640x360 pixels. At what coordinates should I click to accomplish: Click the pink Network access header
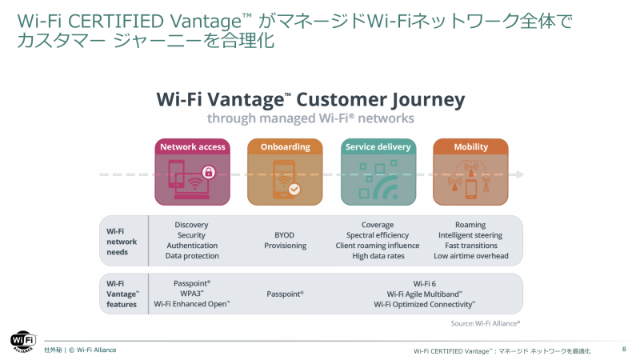pos(192,147)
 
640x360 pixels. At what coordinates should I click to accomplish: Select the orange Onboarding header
pos(284,147)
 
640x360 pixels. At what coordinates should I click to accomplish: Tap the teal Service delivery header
pos(378,147)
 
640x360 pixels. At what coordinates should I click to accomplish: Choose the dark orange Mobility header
pos(470,147)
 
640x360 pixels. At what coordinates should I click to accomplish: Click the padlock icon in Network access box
pos(208,172)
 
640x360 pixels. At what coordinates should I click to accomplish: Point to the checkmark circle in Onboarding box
pos(294,190)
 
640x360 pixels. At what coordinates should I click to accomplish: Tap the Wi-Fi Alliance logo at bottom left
pos(22,341)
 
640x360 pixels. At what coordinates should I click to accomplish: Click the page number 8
pos(624,350)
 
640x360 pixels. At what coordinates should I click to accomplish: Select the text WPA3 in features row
pos(191,294)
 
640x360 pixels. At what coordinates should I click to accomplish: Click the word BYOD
pos(285,235)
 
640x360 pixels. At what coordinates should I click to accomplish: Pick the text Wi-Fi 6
pos(424,283)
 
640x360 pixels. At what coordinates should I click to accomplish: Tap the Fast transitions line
pos(470,246)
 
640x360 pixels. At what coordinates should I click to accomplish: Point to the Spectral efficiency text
pos(378,235)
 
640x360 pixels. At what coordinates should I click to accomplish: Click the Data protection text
pos(192,256)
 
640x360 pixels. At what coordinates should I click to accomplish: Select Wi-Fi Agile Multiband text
pos(424,294)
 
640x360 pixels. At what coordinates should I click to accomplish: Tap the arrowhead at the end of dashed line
pos(520,174)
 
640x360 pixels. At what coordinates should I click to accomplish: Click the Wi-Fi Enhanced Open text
pos(192,304)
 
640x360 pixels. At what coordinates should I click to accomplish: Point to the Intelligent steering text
pos(470,235)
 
